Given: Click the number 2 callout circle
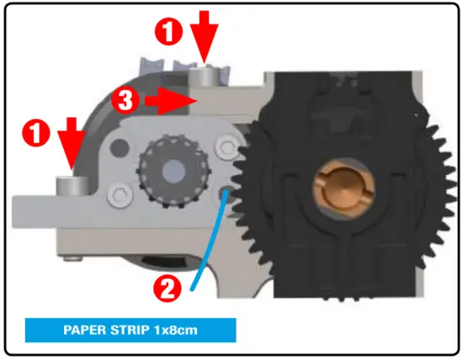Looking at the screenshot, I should coord(167,289).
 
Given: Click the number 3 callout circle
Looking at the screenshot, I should coord(125,103).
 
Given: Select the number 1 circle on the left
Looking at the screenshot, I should coord(34,133).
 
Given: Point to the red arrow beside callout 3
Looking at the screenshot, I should coord(168,102).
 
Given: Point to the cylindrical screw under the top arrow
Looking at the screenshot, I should coord(203,79).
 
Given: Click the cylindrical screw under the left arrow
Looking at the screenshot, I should coord(65,183).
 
